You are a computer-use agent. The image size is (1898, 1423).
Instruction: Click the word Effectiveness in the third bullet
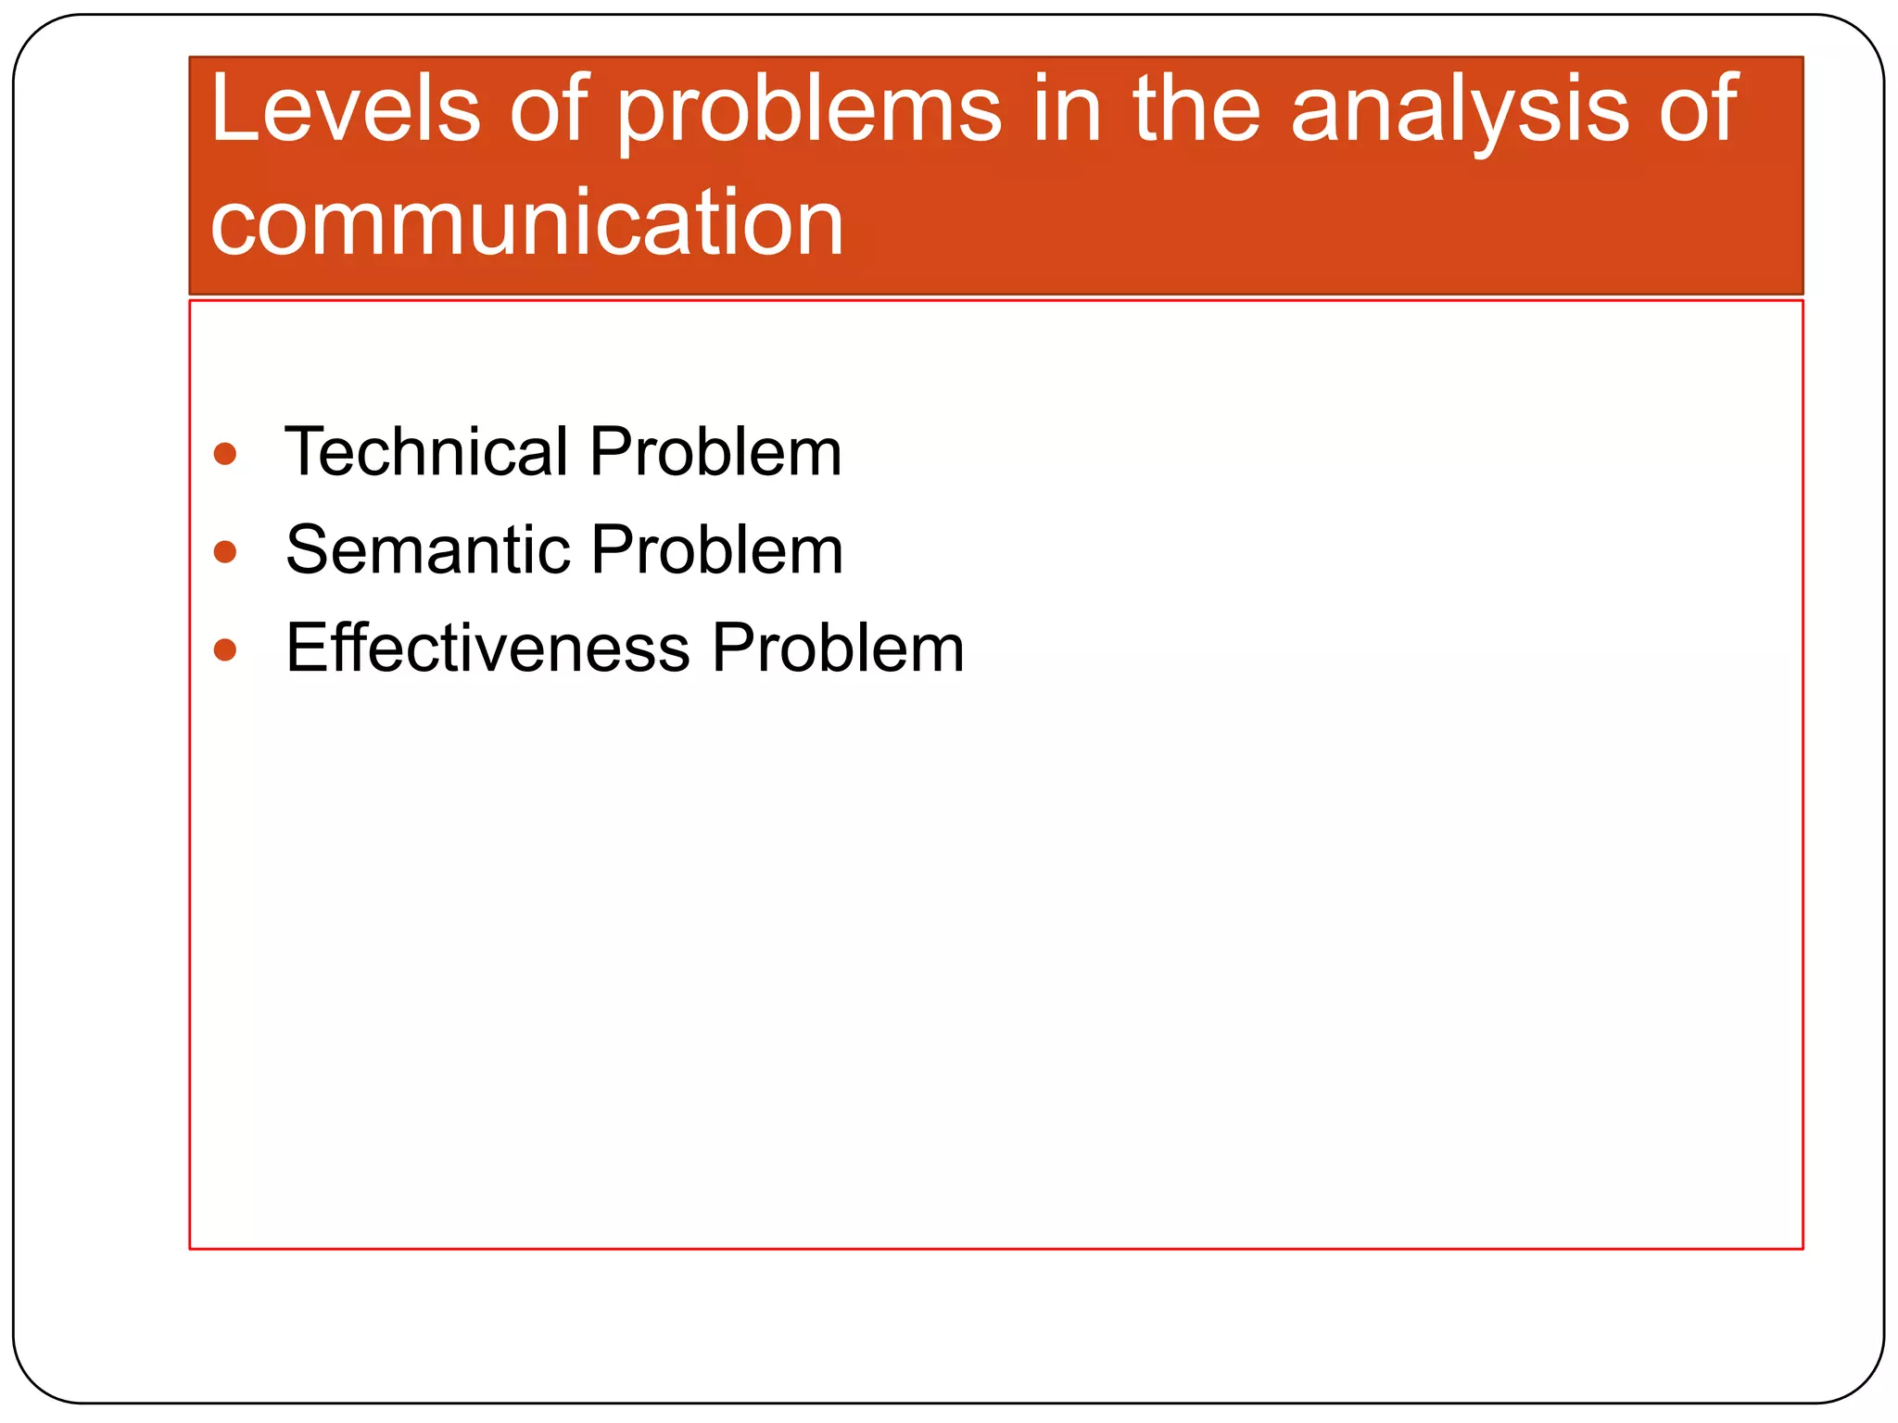click(x=487, y=648)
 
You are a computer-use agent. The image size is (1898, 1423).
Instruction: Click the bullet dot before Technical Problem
click(x=225, y=454)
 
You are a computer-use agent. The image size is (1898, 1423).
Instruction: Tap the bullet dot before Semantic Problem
click(x=225, y=552)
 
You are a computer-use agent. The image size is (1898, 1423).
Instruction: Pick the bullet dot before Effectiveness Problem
click(x=225, y=649)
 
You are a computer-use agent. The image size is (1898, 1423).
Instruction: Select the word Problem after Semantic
click(x=717, y=550)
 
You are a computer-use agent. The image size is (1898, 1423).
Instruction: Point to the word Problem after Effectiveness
click(x=838, y=648)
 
